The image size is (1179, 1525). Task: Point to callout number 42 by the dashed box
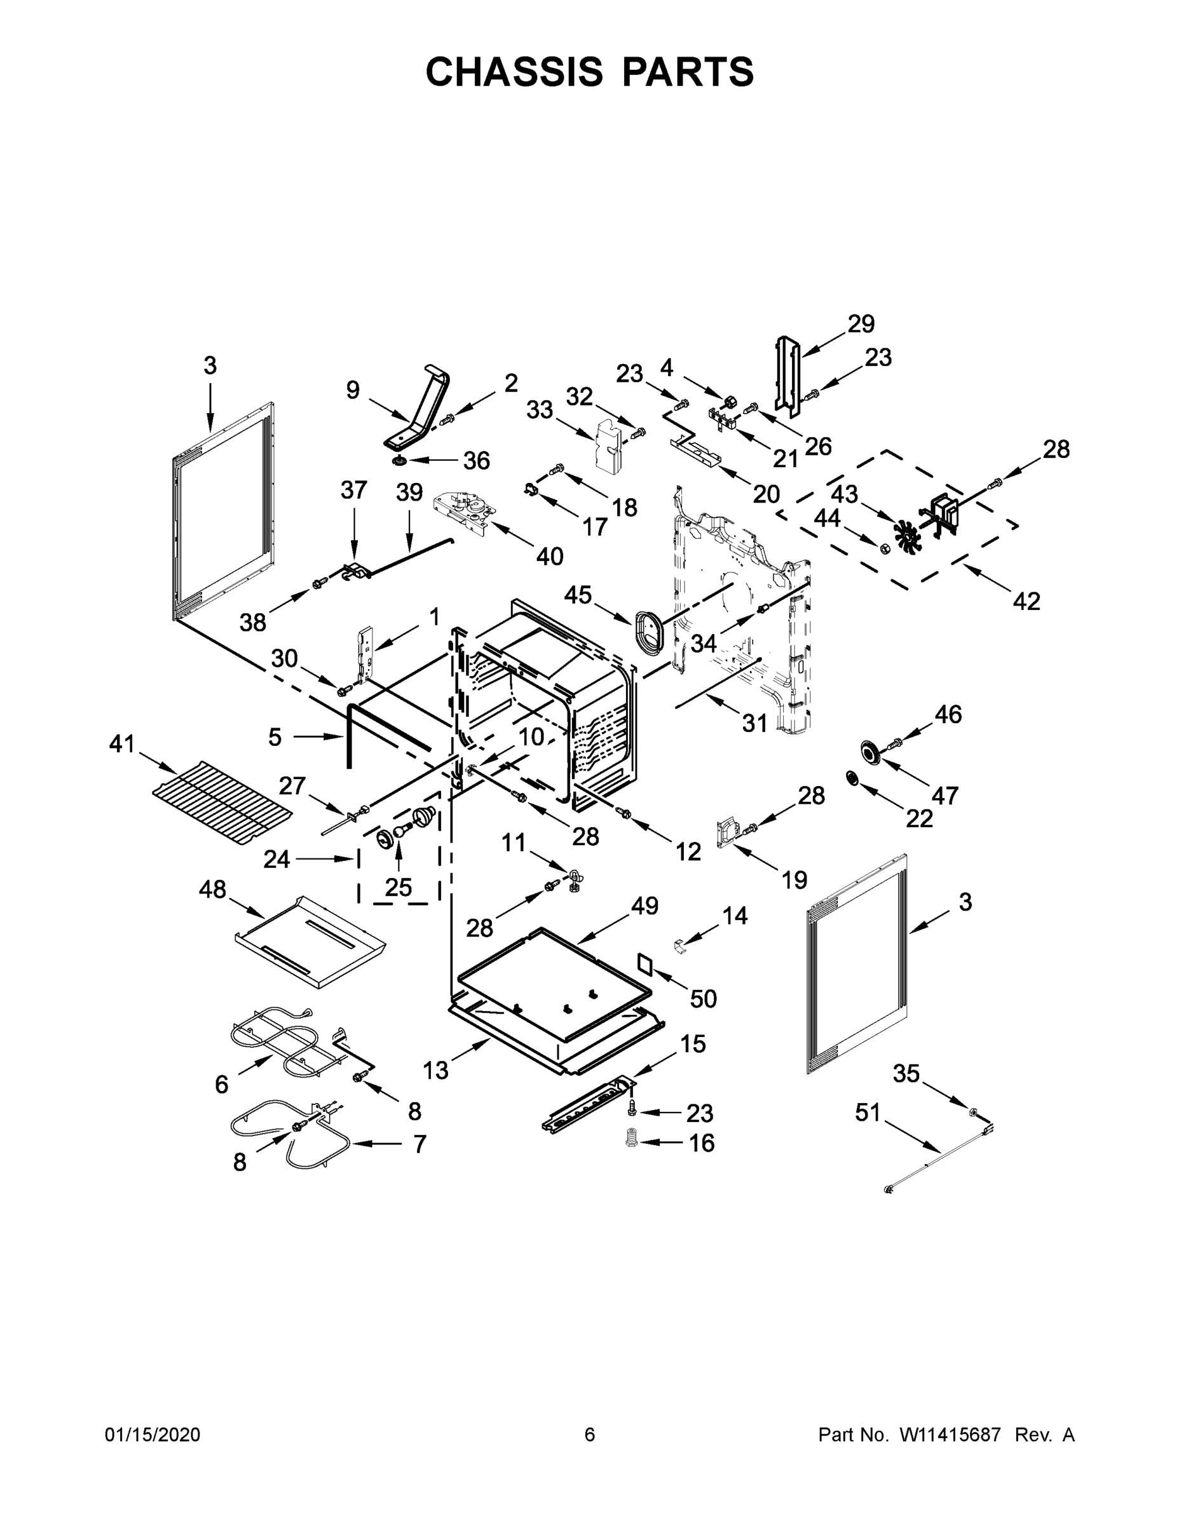pyautogui.click(x=1026, y=600)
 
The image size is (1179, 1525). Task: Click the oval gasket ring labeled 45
pyautogui.click(x=650, y=630)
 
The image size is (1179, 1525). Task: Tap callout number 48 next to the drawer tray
pyautogui.click(x=212, y=889)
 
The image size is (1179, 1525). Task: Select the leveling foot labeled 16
pyautogui.click(x=633, y=1141)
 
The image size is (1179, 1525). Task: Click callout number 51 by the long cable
pyautogui.click(x=868, y=1113)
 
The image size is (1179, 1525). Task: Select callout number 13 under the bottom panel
pyautogui.click(x=435, y=1070)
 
